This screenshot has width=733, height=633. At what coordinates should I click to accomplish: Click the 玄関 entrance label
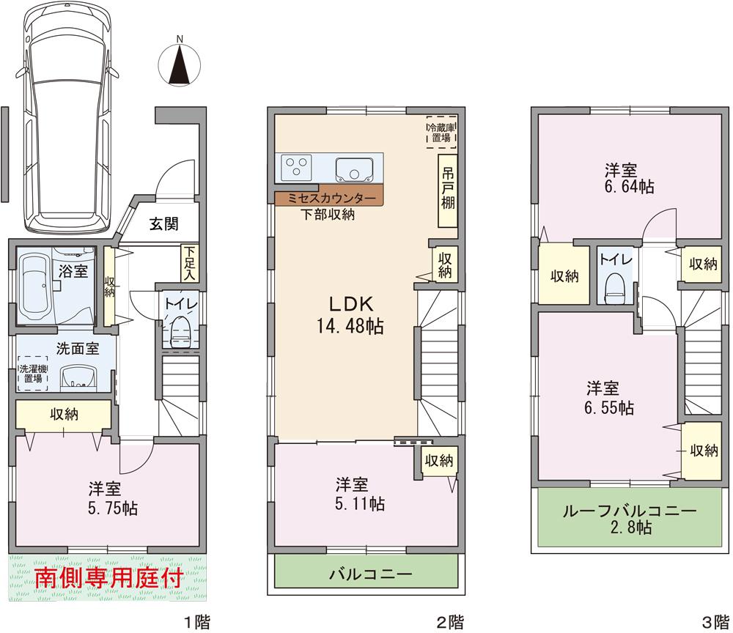click(165, 224)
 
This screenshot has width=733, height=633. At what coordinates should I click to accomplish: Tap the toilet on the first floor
click(178, 332)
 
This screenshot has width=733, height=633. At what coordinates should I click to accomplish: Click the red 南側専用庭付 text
click(108, 578)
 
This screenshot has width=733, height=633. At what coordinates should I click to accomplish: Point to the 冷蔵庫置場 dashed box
click(441, 132)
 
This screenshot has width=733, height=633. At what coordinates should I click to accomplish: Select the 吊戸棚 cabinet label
click(447, 188)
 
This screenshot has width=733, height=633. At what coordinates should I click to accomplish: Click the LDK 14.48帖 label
click(346, 315)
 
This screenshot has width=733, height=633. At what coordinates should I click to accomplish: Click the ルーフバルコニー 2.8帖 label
click(629, 519)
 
